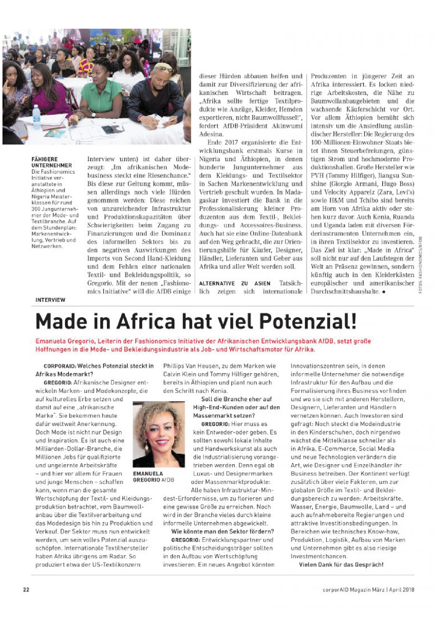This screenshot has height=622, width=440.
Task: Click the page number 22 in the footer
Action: (x=26, y=590)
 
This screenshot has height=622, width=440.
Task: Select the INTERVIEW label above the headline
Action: (x=50, y=300)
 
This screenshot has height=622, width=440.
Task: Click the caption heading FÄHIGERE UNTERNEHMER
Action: (x=51, y=162)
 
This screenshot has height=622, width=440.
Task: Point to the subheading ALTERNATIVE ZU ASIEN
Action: (x=235, y=283)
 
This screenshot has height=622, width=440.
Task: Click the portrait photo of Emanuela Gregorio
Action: (x=158, y=434)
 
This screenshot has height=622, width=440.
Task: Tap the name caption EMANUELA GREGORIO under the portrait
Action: (x=148, y=476)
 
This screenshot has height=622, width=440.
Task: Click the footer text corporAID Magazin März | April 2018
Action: (x=368, y=590)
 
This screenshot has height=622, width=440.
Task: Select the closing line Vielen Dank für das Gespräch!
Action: (x=341, y=565)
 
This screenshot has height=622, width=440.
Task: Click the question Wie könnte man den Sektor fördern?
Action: (x=222, y=531)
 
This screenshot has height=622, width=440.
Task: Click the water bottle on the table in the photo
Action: (x=36, y=113)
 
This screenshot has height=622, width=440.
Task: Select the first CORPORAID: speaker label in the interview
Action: (x=60, y=366)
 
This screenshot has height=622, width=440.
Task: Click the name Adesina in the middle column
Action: (x=211, y=134)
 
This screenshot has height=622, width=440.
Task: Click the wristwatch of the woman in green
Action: (x=93, y=114)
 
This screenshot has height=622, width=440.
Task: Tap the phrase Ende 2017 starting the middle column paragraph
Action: (x=220, y=142)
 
